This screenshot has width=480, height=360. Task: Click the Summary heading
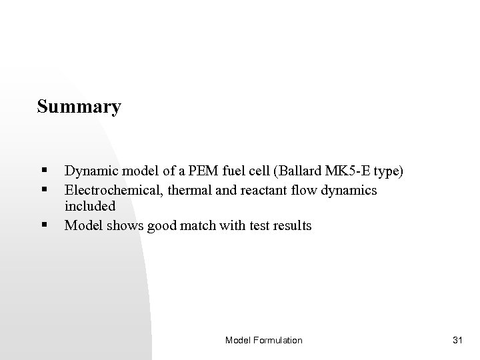[79, 107]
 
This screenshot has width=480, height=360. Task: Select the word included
[90, 206]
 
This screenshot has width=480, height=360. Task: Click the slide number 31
[457, 340]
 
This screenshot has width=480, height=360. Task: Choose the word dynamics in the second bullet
[351, 191]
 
